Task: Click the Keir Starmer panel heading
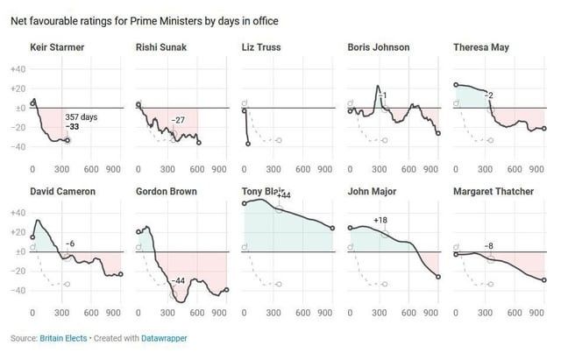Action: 57,46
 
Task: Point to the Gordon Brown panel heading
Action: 167,190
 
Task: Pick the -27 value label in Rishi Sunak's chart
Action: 177,120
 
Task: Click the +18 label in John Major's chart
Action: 381,221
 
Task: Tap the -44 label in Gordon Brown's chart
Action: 178,280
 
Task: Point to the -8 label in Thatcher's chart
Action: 488,246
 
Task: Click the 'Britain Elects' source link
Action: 61,337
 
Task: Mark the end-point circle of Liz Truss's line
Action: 248,143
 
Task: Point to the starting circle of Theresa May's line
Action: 456,85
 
